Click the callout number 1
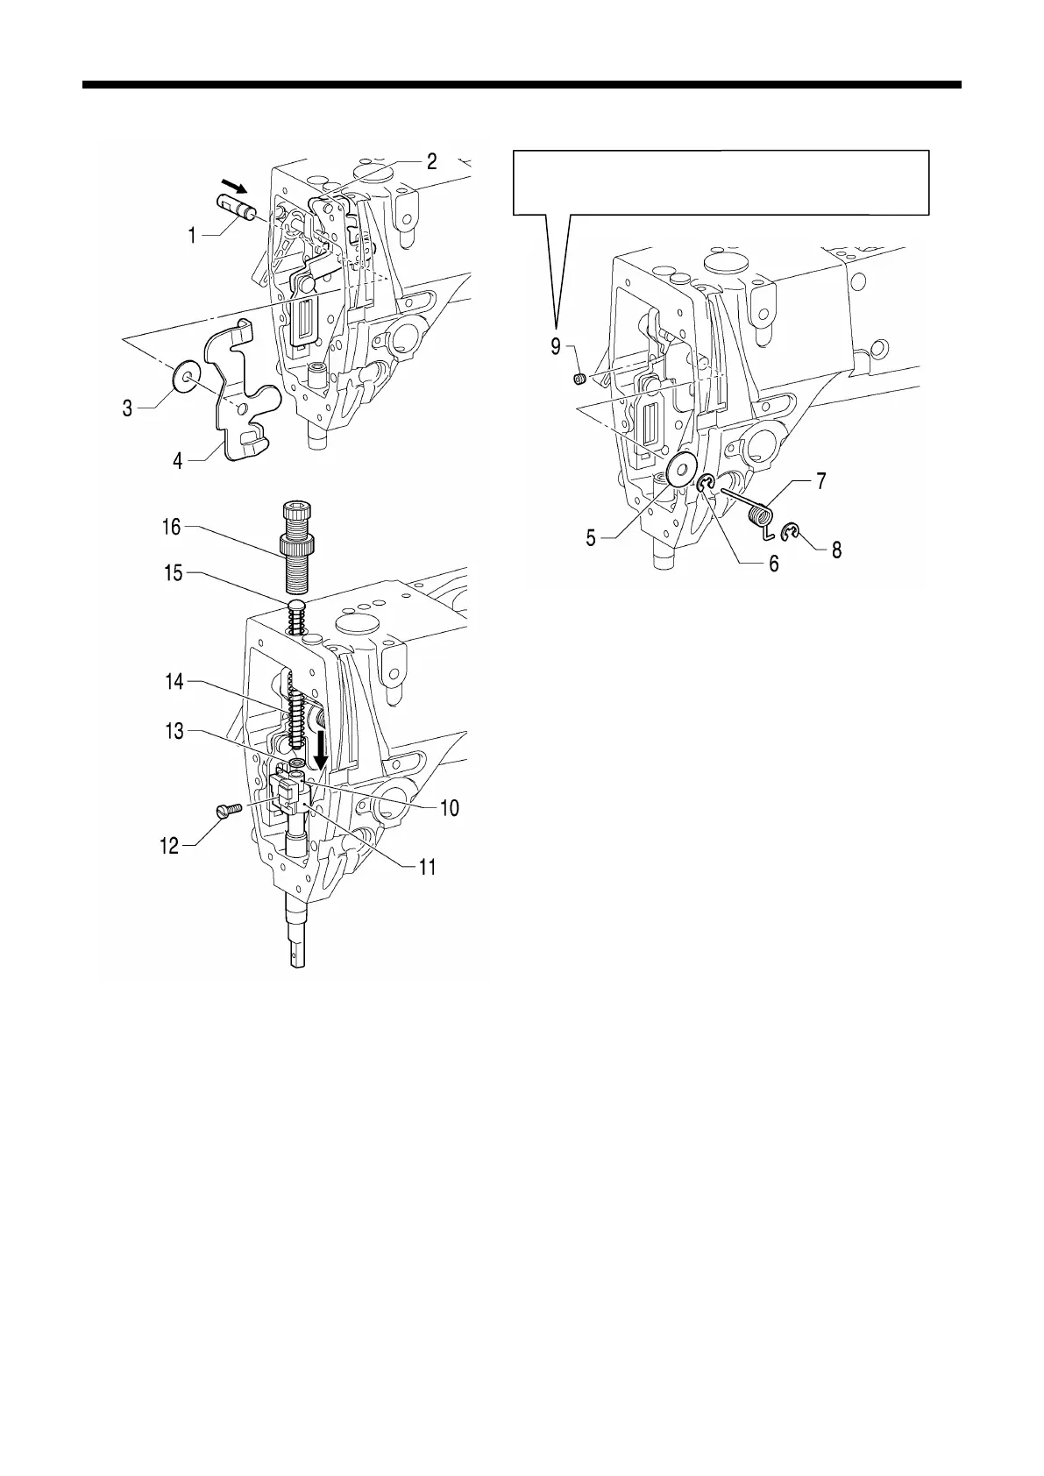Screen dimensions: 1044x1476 pyautogui.click(x=191, y=236)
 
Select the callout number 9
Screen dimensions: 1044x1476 pyautogui.click(x=556, y=347)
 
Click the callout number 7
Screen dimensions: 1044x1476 pyautogui.click(x=820, y=481)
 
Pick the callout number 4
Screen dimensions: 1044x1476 pyautogui.click(x=179, y=459)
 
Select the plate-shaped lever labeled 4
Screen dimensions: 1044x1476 pyautogui.click(x=238, y=386)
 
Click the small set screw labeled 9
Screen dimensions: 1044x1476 pyautogui.click(x=579, y=379)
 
